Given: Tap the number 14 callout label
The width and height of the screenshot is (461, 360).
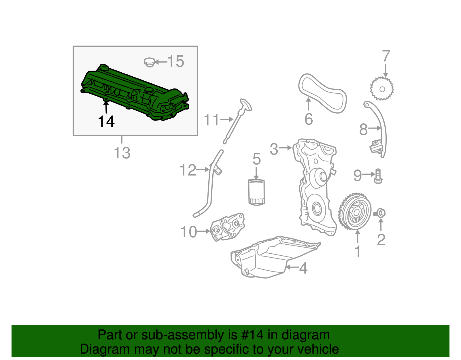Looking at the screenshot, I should point(106,122).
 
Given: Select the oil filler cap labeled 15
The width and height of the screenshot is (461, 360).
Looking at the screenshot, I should point(149,62).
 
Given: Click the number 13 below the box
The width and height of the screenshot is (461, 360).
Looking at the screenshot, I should point(122,153).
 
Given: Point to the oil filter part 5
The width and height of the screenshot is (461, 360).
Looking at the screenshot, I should point(256,193).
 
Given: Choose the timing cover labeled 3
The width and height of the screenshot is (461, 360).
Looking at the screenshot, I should point(315,184).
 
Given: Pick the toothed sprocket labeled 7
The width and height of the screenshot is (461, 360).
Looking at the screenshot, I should point(382,89).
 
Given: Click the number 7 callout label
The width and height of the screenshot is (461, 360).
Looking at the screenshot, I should point(386,56).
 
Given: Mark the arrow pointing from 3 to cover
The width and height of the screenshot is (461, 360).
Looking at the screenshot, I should point(285,148).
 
